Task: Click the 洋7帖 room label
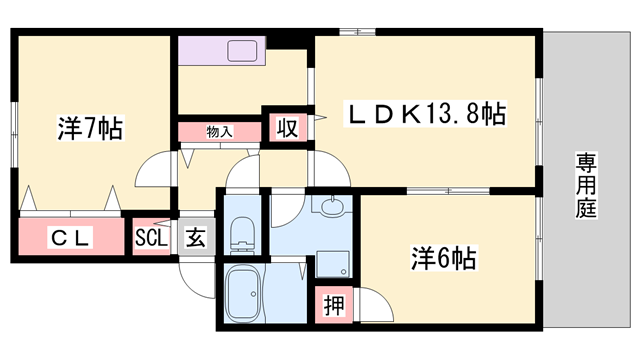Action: pyautogui.click(x=89, y=128)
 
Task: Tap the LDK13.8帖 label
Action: pyautogui.click(x=424, y=114)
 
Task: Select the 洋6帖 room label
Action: pyautogui.click(x=441, y=258)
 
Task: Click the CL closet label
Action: pyautogui.click(x=71, y=239)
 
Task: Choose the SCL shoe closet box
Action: pyautogui.click(x=153, y=239)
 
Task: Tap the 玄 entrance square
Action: pyautogui.click(x=195, y=239)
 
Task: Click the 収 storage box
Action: pyautogui.click(x=286, y=127)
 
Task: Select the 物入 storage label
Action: pyautogui.click(x=219, y=131)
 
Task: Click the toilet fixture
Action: pyautogui.click(x=241, y=237)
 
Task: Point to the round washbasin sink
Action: pyautogui.click(x=332, y=207)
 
